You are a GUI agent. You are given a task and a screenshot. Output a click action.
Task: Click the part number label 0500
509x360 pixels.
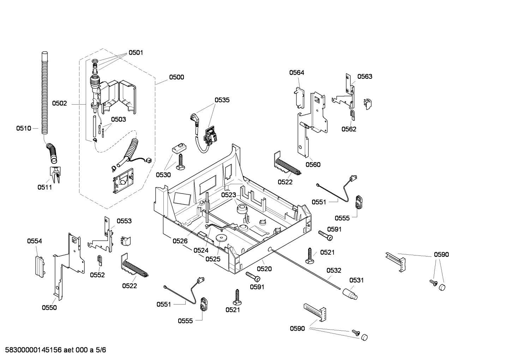[176, 77]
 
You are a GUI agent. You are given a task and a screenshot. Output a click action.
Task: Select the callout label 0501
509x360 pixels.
[136, 53]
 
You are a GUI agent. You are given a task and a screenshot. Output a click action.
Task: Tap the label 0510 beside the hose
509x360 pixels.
[23, 128]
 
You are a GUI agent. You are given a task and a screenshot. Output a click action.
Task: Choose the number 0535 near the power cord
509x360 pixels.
[222, 100]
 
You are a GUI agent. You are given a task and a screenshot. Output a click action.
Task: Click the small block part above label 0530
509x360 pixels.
[179, 148]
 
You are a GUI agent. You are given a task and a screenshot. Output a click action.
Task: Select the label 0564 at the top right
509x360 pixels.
[297, 73]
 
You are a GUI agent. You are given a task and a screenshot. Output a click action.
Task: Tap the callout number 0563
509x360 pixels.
[365, 76]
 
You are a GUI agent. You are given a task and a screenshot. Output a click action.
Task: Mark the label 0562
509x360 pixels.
[349, 129]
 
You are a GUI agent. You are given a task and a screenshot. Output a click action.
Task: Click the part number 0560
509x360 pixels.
[313, 164]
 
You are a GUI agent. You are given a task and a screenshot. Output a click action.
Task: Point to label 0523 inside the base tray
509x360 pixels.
[229, 195]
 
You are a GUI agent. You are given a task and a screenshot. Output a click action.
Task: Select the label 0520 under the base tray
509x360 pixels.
[264, 269]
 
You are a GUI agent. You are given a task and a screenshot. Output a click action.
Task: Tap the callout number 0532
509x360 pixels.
[334, 271]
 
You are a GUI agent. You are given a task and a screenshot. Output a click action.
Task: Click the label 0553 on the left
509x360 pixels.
[124, 221]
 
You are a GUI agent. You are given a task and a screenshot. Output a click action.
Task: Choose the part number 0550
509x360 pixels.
[49, 308]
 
